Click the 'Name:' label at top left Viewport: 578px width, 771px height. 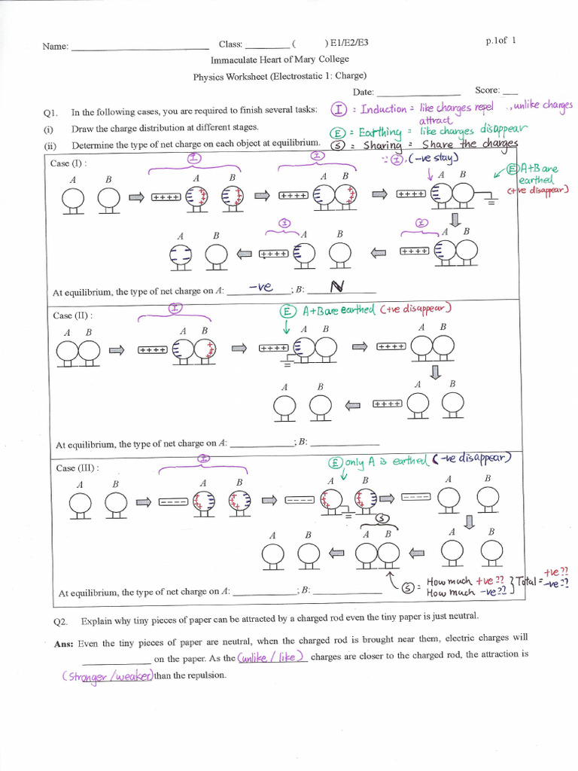[x=55, y=46]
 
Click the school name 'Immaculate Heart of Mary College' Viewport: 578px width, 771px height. [x=280, y=59]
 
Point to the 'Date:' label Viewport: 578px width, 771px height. [x=364, y=91]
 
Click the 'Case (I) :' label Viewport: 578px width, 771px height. [x=68, y=163]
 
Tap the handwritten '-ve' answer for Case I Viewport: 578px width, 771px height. [x=259, y=287]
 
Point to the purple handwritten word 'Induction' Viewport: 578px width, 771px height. [x=383, y=109]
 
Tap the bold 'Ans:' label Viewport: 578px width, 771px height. [x=63, y=643]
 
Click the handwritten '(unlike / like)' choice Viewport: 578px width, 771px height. [x=272, y=657]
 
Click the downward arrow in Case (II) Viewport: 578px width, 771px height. [x=436, y=373]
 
